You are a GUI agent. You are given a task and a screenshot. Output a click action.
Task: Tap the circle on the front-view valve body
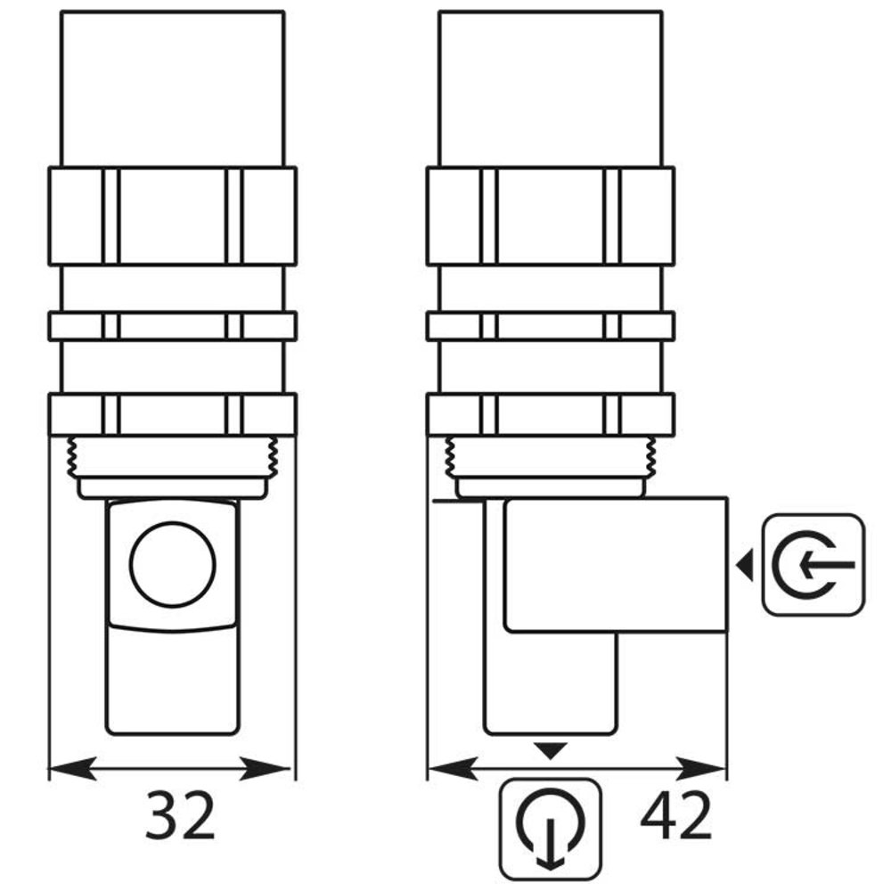173,566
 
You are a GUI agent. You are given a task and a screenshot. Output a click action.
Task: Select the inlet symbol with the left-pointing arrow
813,564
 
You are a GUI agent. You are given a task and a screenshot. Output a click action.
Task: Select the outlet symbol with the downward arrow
551,827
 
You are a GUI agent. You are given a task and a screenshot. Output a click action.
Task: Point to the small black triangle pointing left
745,563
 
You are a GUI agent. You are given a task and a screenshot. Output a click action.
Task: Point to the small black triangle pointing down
551,752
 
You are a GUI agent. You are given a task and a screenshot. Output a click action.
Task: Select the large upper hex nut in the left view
172,216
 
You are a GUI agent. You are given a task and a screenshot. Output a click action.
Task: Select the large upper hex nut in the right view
551,216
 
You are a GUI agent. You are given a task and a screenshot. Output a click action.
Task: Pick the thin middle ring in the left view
172,326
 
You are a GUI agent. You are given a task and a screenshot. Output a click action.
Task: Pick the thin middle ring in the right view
551,326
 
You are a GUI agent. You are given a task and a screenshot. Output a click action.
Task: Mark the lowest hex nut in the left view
172,413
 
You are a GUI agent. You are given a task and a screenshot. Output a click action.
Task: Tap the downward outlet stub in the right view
551,686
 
